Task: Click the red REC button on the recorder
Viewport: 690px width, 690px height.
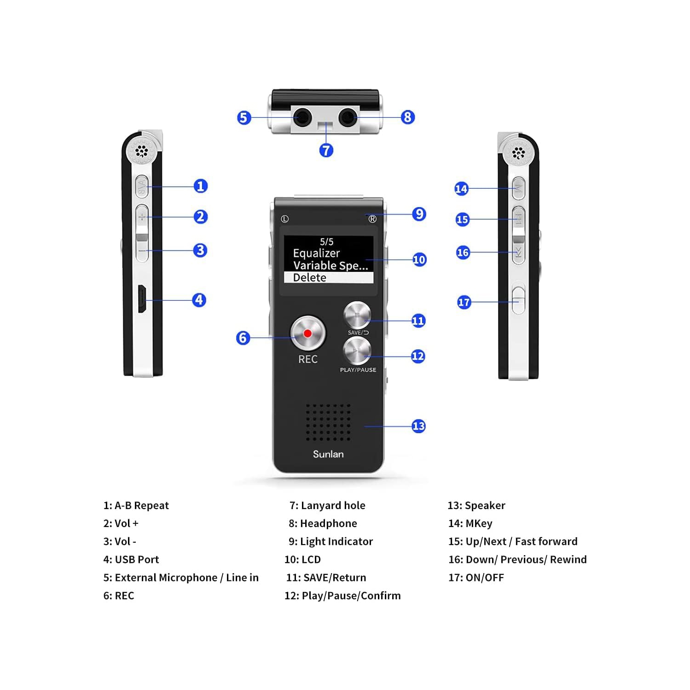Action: click(x=307, y=333)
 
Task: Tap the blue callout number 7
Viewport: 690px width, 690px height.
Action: click(x=326, y=150)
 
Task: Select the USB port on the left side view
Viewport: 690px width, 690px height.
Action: click(x=142, y=299)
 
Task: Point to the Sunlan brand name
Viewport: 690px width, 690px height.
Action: click(x=328, y=454)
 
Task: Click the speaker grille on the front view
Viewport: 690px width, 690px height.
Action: click(x=328, y=422)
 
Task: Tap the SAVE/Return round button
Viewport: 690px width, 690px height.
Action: click(x=357, y=315)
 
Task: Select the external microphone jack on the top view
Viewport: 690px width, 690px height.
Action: click(x=302, y=117)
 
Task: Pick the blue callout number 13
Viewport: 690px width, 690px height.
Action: click(x=418, y=426)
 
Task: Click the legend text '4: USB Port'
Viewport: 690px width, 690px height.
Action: click(x=131, y=559)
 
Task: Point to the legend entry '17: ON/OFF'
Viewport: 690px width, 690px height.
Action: click(x=476, y=577)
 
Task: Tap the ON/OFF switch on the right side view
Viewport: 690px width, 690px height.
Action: click(x=518, y=300)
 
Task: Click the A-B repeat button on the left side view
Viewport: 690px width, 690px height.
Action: click(x=142, y=186)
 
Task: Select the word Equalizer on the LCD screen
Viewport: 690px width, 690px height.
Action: click(x=316, y=253)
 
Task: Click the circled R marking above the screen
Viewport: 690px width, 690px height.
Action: click(x=372, y=219)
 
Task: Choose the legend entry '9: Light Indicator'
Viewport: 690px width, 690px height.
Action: click(x=331, y=541)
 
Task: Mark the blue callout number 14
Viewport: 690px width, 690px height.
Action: click(x=461, y=189)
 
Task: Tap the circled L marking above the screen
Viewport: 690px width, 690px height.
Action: click(x=284, y=219)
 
